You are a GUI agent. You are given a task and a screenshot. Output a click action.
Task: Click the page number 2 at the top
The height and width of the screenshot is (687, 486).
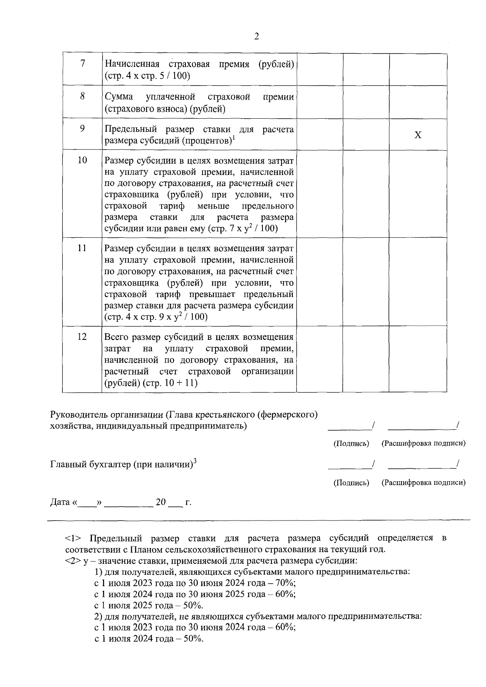tap(256, 37)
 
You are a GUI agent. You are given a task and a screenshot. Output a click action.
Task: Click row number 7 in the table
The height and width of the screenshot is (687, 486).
tap(82, 64)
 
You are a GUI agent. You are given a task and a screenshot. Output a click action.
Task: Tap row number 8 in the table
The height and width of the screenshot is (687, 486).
tap(82, 96)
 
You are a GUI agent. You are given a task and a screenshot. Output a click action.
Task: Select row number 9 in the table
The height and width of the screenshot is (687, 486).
tap(82, 128)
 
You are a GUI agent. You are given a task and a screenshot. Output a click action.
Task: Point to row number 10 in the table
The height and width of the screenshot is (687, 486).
tap(82, 160)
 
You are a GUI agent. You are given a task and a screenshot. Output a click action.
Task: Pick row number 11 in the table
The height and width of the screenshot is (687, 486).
tap(82, 248)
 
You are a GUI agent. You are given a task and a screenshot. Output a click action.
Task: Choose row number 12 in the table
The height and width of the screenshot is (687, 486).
tap(82, 337)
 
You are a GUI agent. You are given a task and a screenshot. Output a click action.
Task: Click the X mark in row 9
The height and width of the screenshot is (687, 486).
tap(418, 135)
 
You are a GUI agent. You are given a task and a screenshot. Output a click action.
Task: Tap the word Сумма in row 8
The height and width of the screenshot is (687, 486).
tap(119, 97)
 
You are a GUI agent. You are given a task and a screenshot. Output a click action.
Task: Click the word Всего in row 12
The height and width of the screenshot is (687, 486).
tap(116, 337)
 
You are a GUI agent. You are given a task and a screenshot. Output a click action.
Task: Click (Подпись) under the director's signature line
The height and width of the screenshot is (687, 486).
tap(351, 443)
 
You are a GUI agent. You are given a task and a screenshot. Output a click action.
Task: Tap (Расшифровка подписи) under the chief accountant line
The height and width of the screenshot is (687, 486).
tap(423, 482)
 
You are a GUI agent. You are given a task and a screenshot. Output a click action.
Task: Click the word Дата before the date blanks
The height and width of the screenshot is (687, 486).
tap(60, 502)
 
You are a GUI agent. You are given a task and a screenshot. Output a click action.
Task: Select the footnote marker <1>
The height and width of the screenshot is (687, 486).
tap(73, 538)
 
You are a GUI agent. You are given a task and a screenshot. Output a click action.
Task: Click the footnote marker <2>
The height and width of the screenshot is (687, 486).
tap(73, 561)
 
